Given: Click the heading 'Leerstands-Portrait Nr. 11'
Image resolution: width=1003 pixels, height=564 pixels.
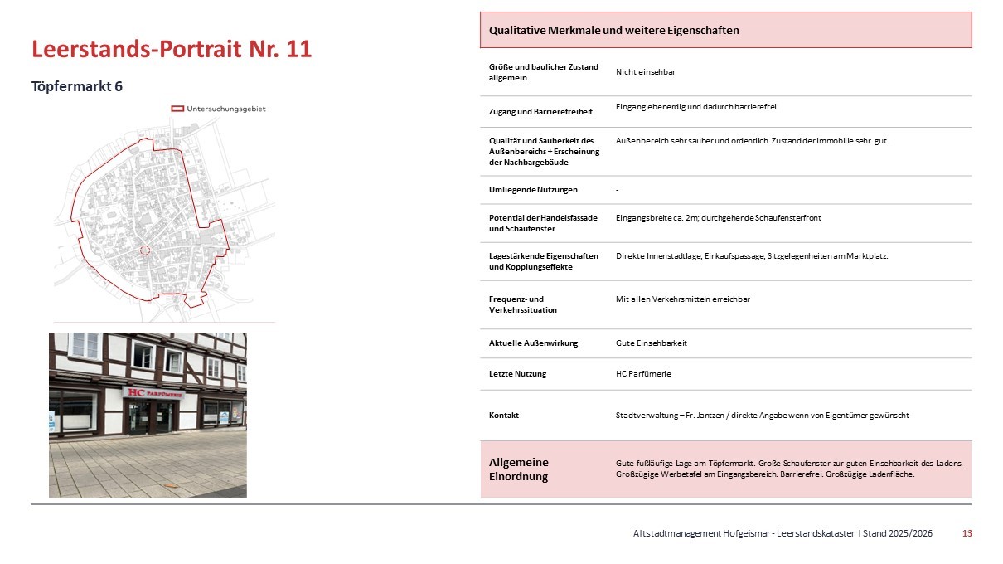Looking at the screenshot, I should point(172,49).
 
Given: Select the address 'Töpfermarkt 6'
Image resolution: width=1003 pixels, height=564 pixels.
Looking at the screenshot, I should point(77,86).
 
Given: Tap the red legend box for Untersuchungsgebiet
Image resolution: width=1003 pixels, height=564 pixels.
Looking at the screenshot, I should point(177,109).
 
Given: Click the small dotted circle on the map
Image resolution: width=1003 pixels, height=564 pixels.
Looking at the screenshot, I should point(144,250).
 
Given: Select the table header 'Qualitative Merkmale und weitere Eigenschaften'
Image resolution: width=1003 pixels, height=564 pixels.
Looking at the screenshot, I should point(613,30).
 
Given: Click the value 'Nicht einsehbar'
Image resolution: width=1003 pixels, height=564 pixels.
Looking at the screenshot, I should point(645,72).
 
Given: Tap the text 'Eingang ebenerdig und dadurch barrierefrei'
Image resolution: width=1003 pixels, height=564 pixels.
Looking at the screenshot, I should point(695,107).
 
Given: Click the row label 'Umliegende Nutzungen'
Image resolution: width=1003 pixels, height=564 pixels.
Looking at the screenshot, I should point(533,190).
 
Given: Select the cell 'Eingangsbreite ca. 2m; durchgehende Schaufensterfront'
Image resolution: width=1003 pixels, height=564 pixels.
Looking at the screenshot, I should point(718,217).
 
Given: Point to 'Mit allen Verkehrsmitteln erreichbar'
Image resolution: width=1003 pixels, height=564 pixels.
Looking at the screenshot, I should point(683,299).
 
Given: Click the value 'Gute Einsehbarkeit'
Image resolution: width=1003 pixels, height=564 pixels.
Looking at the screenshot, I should point(651,343).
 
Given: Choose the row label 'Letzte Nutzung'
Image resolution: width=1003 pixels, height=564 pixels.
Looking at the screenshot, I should point(517,374).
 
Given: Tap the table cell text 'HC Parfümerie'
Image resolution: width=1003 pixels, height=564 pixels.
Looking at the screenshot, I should point(643,374).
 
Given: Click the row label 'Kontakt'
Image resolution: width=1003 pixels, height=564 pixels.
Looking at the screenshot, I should point(504,415).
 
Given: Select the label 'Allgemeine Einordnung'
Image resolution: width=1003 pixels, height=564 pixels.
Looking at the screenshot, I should point(519,469).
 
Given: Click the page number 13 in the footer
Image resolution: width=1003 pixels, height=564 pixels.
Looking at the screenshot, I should point(967,533).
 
